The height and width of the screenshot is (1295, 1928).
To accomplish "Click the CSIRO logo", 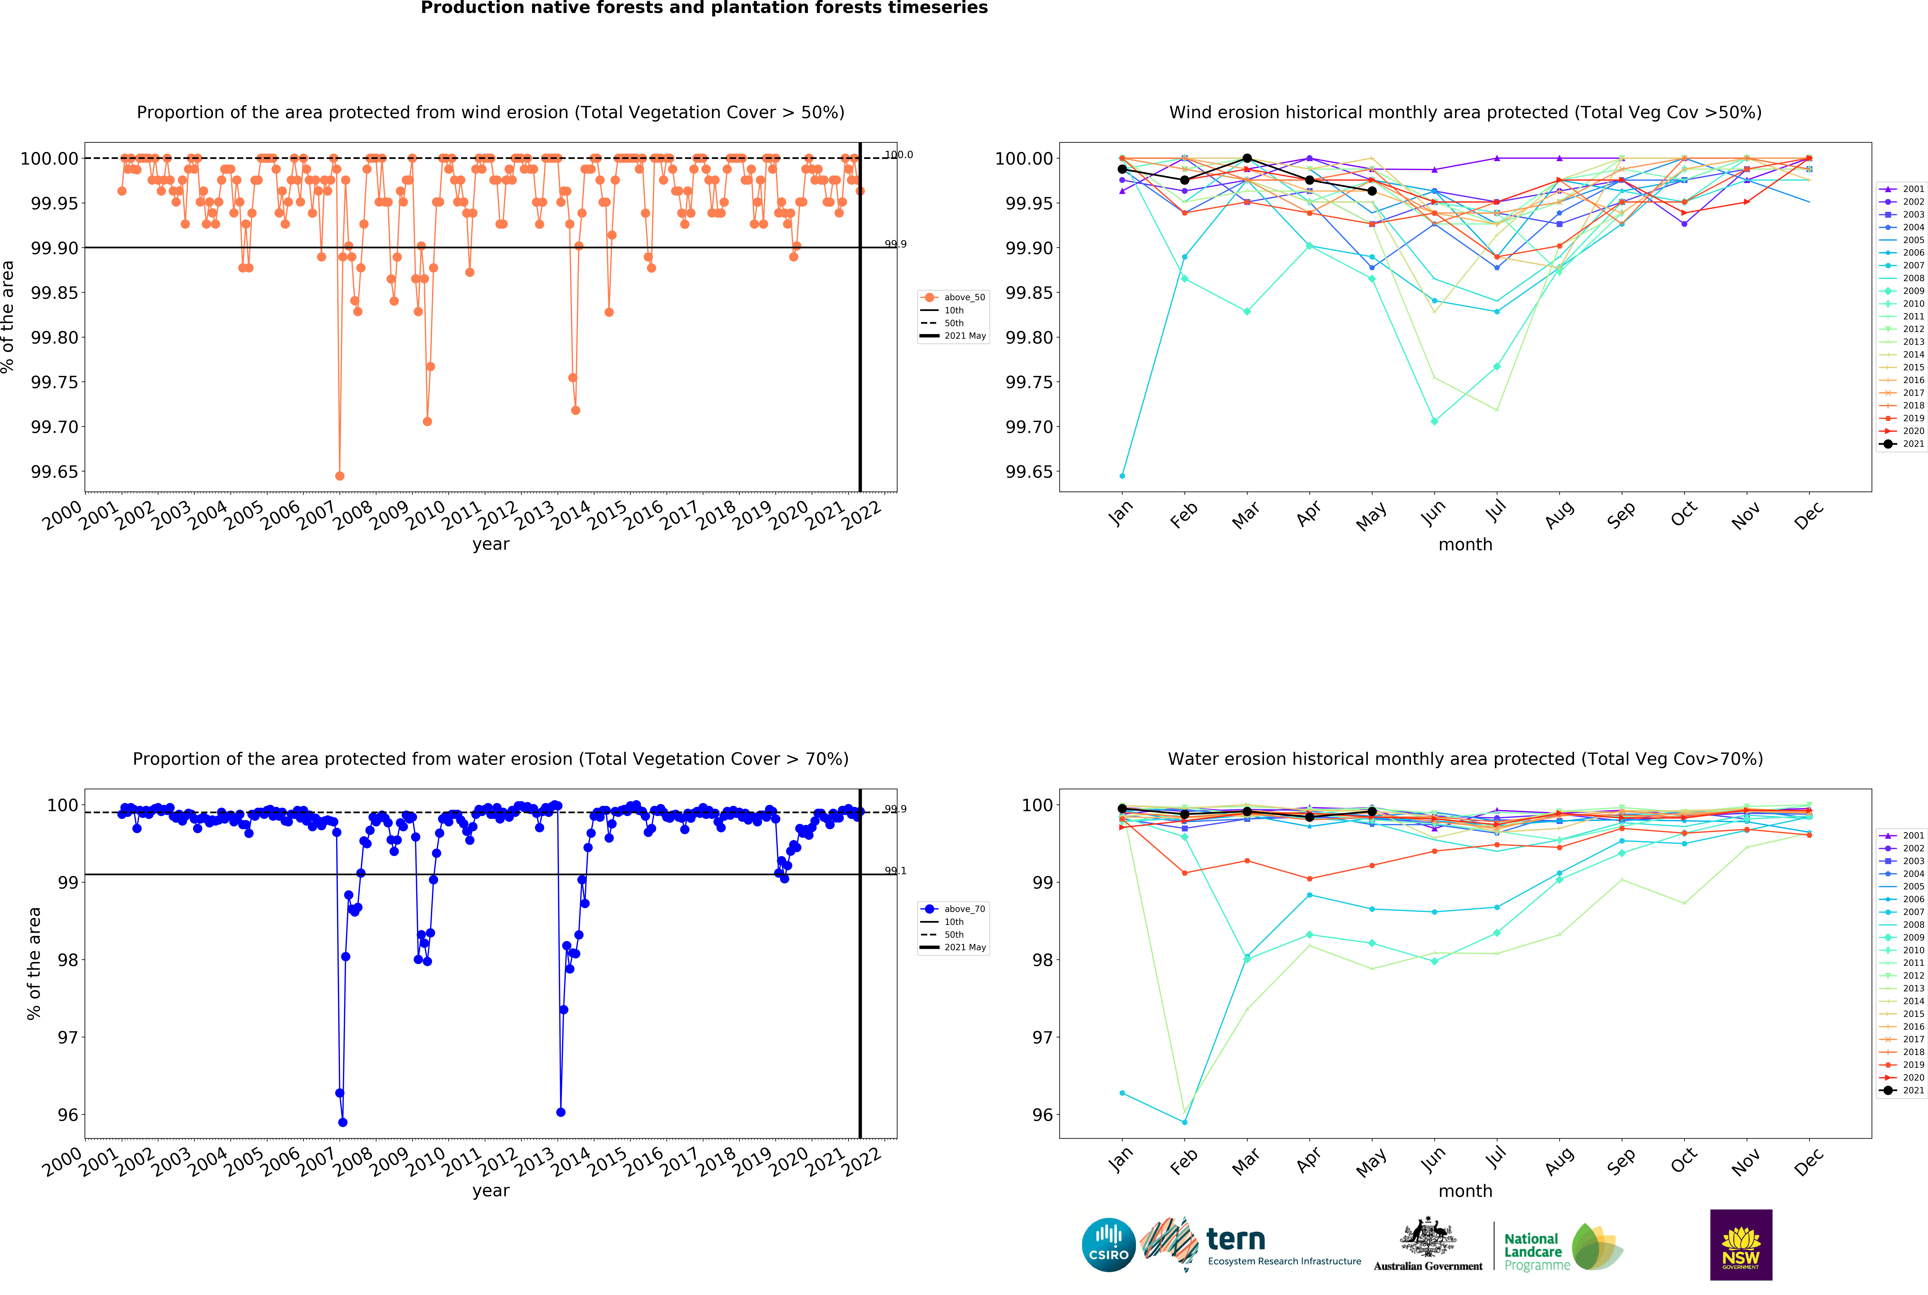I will click(x=1108, y=1245).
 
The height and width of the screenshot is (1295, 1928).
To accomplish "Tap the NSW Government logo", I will click(x=1740, y=1245).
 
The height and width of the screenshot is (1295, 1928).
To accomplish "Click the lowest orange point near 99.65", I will click(x=340, y=476).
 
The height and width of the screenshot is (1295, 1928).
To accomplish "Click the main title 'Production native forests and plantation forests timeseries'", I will click(x=704, y=8).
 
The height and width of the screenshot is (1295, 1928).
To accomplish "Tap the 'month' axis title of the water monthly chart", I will click(x=1465, y=1191).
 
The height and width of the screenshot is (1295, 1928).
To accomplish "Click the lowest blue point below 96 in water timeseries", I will click(x=343, y=1122).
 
